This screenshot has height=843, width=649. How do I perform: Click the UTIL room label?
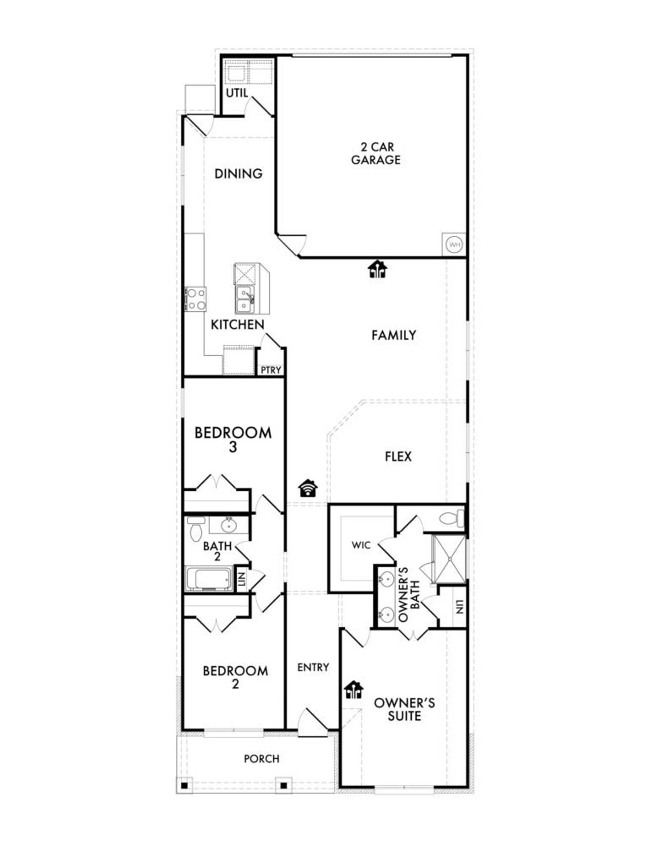237,93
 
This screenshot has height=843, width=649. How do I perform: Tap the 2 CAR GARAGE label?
376,154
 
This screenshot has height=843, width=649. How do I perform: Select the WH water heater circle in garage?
454,245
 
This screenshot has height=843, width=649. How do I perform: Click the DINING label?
238,174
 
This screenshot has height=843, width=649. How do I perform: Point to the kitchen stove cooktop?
196,299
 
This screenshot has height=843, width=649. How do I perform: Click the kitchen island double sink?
244,300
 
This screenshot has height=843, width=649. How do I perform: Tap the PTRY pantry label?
271,370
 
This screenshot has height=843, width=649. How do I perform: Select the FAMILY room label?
393,335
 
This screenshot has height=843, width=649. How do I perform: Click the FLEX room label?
398,457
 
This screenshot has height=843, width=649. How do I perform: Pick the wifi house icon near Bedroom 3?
308,488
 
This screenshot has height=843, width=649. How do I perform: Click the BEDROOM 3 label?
233,439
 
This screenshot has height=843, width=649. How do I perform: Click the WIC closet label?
361,545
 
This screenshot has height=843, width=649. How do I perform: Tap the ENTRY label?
313,668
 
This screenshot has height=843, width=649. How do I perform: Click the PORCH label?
262,759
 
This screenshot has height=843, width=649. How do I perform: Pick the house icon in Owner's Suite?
353,690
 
